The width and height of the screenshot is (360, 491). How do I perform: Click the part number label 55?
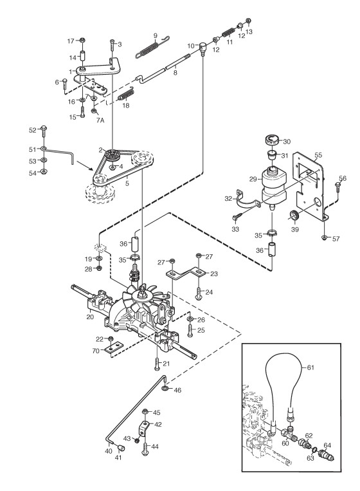point(318,155)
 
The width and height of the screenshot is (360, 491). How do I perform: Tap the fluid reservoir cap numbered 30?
point(271,140)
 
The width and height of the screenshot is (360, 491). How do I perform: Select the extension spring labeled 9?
point(152,47)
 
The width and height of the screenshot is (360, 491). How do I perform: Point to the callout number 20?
point(90,317)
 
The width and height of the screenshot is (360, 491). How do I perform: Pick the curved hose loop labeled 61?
point(285,388)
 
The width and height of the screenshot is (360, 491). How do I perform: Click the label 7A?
point(100,120)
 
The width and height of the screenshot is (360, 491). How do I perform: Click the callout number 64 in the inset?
point(327,445)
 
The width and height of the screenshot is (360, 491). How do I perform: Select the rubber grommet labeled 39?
point(294,216)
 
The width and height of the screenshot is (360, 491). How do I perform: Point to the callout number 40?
point(109,451)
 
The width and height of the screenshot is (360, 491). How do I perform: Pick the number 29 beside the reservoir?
point(254,179)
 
